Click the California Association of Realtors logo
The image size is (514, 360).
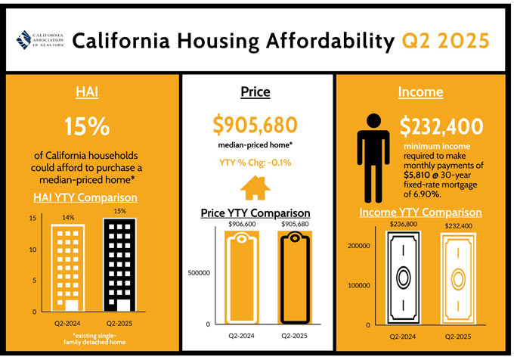coord(40,40)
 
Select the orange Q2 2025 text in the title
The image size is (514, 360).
coord(445,41)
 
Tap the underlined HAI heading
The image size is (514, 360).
coord(87,92)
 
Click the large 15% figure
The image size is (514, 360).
coord(87,126)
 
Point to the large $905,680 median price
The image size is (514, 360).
coord(255,125)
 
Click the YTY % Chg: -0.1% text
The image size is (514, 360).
coord(255,163)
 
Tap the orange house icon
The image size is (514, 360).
coord(255,188)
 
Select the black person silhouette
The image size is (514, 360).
coord(373,158)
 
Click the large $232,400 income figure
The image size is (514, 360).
coord(441,126)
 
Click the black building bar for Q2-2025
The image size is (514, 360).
coord(119,265)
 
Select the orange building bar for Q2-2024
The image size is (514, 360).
coord(68,268)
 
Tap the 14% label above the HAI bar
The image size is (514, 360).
coord(68,217)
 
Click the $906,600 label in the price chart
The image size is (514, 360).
coord(242,224)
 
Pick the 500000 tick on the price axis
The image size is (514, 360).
coord(199,273)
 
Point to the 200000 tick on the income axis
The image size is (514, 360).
coord(358,246)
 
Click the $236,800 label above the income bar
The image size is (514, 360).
coord(404,224)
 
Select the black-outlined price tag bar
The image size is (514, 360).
coord(295,278)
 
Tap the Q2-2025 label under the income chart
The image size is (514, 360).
coord(458,337)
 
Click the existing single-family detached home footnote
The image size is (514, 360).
coord(94,339)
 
